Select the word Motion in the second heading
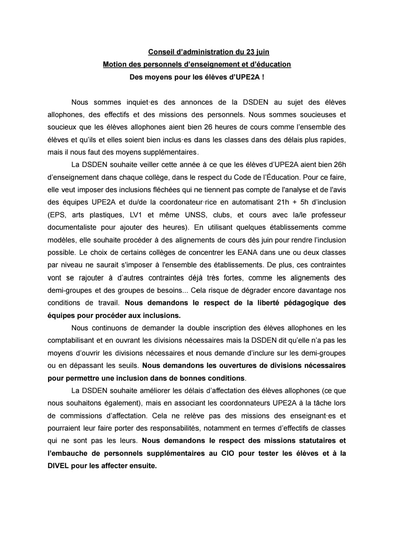(115, 65)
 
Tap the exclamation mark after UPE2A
(263, 77)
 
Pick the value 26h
(339, 165)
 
